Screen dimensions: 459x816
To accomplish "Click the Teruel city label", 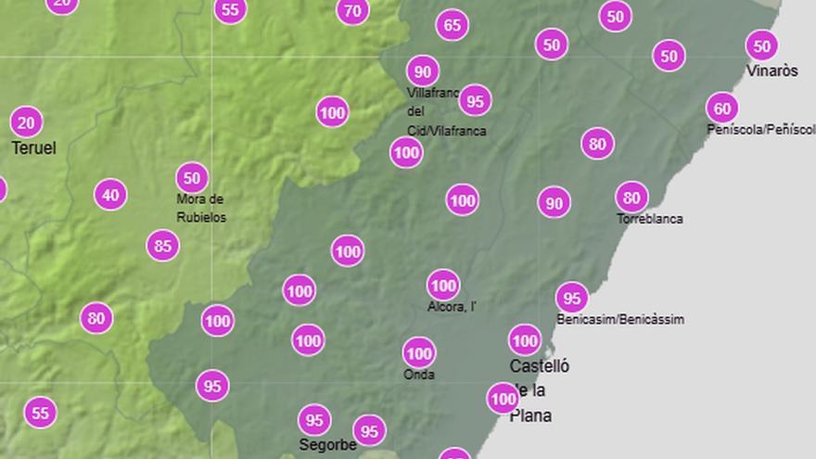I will click(33, 148).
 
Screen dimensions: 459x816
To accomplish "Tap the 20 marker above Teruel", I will click(27, 121).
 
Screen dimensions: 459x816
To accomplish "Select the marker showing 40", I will click(110, 195).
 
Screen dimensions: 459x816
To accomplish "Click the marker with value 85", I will click(163, 246).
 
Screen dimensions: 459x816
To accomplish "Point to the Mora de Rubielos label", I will click(201, 208).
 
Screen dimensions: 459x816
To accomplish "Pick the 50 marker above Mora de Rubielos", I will click(192, 177).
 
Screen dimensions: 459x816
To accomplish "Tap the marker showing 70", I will click(352, 11).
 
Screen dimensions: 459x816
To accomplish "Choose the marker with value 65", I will click(452, 25).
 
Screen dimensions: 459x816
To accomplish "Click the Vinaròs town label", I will click(771, 71).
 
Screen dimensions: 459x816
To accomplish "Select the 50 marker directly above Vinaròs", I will click(761, 45).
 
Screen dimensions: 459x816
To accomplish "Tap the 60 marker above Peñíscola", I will click(722, 108).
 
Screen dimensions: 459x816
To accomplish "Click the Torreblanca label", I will click(650, 219).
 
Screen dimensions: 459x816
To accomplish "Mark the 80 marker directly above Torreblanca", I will click(631, 197).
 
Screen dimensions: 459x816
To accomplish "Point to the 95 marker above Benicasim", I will click(572, 298).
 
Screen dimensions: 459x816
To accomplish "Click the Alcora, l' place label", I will click(452, 307).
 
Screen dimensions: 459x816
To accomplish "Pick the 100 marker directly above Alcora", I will click(443, 285).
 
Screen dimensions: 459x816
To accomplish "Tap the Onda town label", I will click(419, 375).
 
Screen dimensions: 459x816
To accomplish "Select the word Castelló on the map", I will click(540, 366).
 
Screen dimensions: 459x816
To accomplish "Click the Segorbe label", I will click(327, 445).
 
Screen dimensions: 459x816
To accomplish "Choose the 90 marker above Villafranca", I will click(423, 70).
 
